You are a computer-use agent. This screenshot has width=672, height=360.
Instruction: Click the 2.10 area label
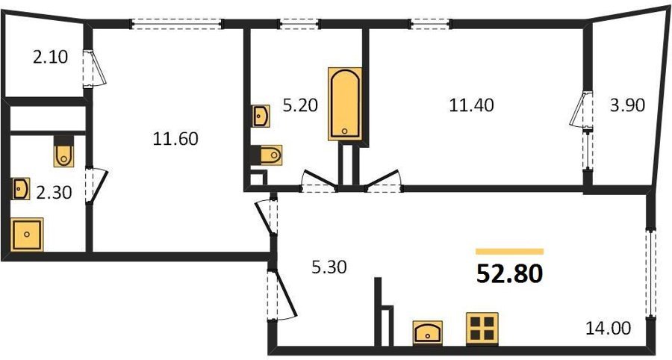pyautogui.click(x=50, y=57)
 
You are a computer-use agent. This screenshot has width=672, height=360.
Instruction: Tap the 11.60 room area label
pyautogui.click(x=175, y=139)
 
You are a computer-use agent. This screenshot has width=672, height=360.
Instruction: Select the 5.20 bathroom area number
pyautogui.click(x=300, y=105)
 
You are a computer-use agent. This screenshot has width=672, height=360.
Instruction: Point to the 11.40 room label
pyautogui.click(x=471, y=105)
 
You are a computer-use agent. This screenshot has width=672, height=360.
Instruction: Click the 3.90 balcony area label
pyautogui.click(x=627, y=105)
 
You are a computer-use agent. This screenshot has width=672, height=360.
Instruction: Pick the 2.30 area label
pyautogui.click(x=54, y=193)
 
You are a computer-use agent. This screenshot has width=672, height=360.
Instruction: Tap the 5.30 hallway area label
pyautogui.click(x=329, y=267)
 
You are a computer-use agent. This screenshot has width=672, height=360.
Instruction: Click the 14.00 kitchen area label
pyautogui.click(x=609, y=329)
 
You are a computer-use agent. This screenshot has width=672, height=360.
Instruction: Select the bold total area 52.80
pyautogui.click(x=509, y=274)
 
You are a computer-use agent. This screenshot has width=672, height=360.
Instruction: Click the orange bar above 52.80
pyautogui.click(x=509, y=252)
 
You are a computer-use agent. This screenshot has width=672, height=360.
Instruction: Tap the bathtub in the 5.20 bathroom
pyautogui.click(x=345, y=104)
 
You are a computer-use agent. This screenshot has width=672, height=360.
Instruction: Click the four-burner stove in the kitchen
pyautogui.click(x=482, y=329)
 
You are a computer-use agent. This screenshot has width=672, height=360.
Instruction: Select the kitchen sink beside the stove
pyautogui.click(x=428, y=332)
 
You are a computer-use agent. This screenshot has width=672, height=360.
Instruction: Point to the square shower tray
pyautogui.click(x=27, y=235)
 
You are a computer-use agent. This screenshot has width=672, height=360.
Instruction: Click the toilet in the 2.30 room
pyautogui.click(x=64, y=152)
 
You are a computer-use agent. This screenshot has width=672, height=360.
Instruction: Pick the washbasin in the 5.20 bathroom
pyautogui.click(x=261, y=117)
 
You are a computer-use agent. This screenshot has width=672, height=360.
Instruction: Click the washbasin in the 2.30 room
pyautogui.click(x=21, y=189)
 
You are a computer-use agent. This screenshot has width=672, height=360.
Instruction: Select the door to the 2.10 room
pyautogui.click(x=94, y=69)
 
